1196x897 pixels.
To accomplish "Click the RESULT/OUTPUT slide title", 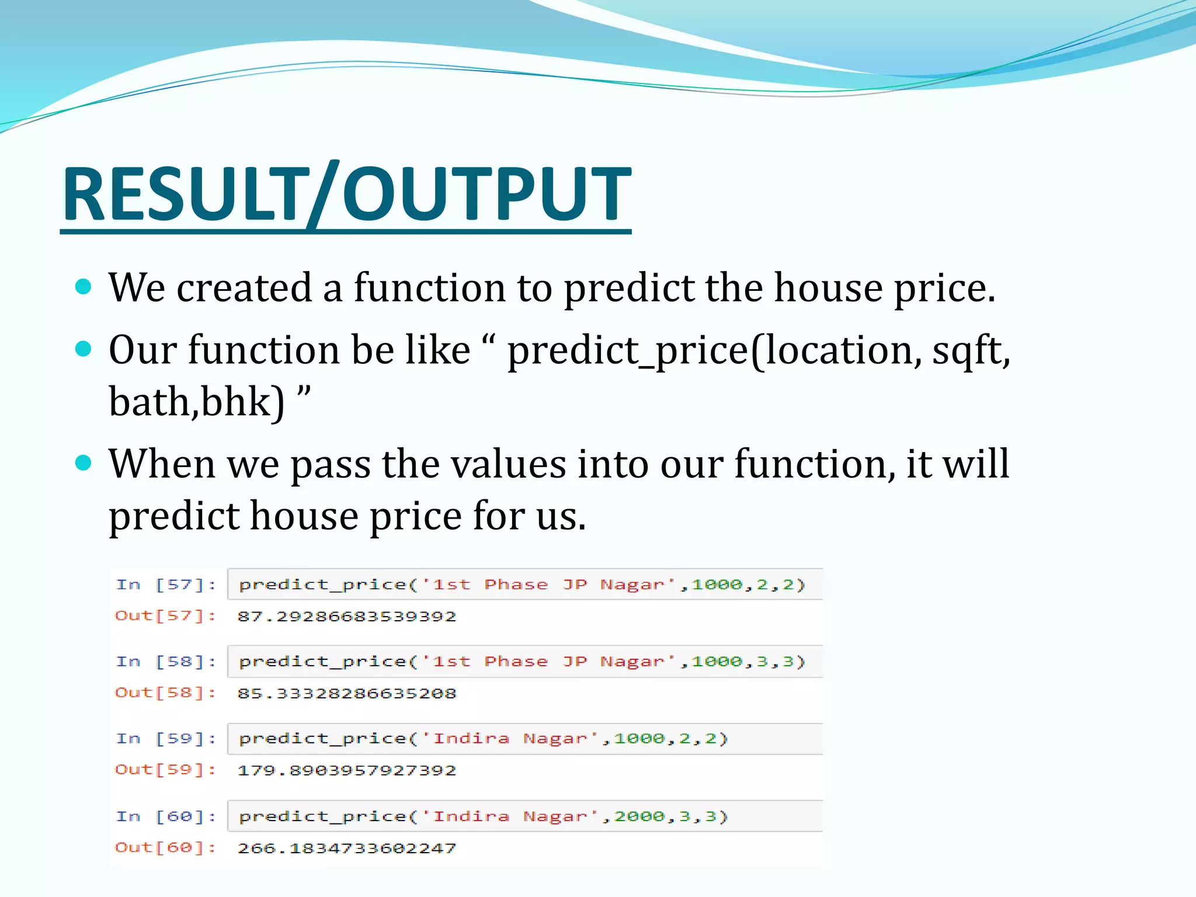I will click(346, 194).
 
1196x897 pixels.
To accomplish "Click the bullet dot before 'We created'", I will click(84, 287).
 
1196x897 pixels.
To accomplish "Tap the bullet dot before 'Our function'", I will click(84, 349).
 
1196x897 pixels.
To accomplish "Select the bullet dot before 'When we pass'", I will click(84, 463).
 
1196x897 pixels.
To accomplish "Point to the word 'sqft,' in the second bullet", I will click(971, 350).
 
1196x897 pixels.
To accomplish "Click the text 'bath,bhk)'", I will click(197, 402).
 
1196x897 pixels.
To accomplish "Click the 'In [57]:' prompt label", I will click(166, 585).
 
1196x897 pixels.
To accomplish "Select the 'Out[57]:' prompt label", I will click(165, 616).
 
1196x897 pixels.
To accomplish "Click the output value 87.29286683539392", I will click(346, 616).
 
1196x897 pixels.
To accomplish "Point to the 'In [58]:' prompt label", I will click(166, 662).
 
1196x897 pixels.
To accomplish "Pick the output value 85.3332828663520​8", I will click(346, 693).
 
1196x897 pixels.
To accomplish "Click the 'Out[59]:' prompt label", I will click(165, 770).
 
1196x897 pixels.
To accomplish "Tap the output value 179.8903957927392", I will click(346, 770).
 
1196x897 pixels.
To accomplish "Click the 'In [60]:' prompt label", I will click(166, 816).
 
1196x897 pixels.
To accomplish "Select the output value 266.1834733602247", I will click(346, 848).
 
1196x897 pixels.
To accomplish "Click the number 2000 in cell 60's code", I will click(639, 816).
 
